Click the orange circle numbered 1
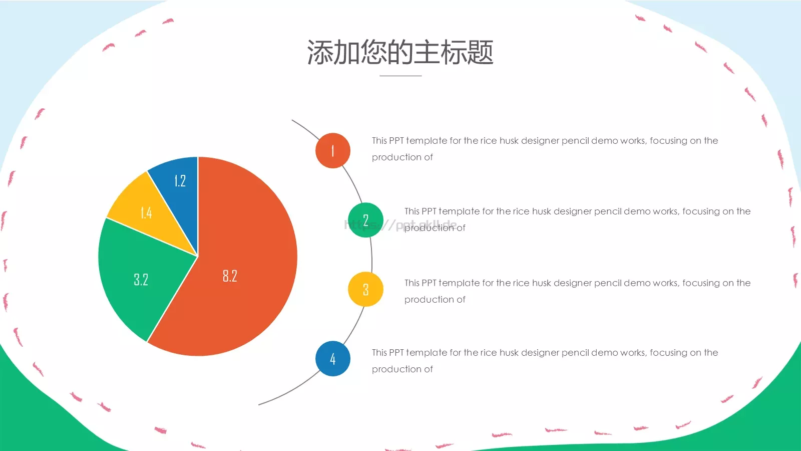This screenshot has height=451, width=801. pyautogui.click(x=333, y=150)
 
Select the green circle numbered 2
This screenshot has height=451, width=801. pyautogui.click(x=365, y=220)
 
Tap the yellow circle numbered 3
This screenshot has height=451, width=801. pyautogui.click(x=365, y=289)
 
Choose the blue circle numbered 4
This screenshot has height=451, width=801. pyautogui.click(x=333, y=359)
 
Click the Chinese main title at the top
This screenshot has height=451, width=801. pyautogui.click(x=400, y=52)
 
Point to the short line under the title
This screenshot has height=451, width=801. pyautogui.click(x=400, y=76)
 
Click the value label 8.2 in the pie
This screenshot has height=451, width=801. pyautogui.click(x=230, y=276)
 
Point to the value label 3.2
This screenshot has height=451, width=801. pyautogui.click(x=141, y=280)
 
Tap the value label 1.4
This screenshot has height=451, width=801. pyautogui.click(x=146, y=213)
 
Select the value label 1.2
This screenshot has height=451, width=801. pyautogui.click(x=180, y=181)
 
